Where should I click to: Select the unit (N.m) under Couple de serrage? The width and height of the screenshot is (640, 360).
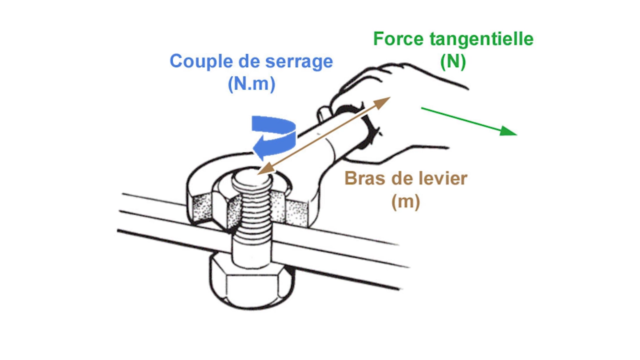251,84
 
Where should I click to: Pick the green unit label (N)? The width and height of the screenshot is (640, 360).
453,61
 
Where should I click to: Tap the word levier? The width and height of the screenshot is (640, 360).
443,179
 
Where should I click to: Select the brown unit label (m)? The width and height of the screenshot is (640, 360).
405,202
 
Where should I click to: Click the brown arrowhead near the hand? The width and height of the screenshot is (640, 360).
384,101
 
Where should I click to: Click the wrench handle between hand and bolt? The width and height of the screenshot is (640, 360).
314,144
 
